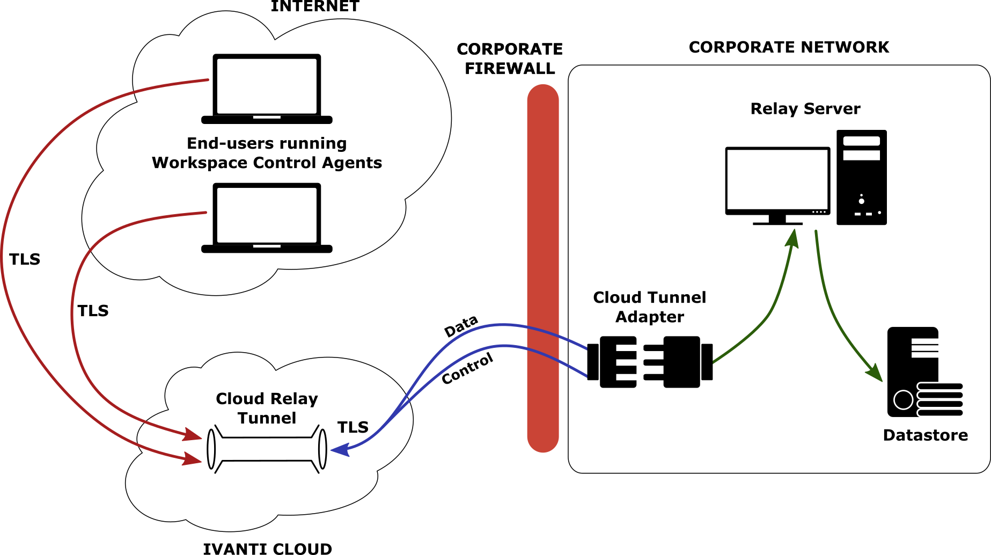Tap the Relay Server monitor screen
[x=777, y=180]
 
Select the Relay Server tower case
[x=861, y=177]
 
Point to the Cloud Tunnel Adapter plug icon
[x=650, y=362]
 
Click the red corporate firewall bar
[x=543, y=268]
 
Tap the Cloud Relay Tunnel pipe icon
[x=267, y=449]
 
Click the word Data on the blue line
[x=461, y=326]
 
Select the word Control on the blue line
[x=467, y=369]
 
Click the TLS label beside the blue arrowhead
[x=353, y=427]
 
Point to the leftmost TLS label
[x=25, y=259]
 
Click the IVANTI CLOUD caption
[x=267, y=549]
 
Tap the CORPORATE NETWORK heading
[x=789, y=47]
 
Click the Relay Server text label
[x=805, y=109]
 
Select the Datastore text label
[x=926, y=435]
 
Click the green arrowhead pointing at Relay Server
[x=792, y=237]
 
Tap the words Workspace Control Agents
[x=267, y=163]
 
